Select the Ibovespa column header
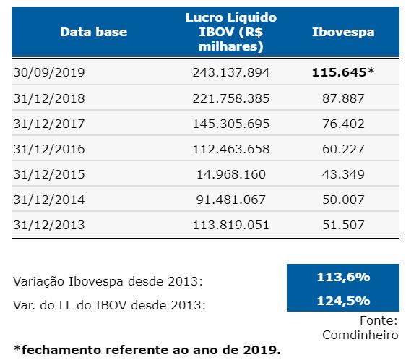point(343,32)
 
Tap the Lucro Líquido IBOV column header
point(231,32)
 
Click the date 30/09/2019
point(49,73)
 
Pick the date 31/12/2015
point(49,174)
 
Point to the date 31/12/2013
point(49,225)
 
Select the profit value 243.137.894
point(231,73)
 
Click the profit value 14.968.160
point(231,174)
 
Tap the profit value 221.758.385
point(231,98)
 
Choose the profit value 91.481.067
point(231,200)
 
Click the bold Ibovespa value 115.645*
point(343,73)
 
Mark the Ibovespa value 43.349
point(343,174)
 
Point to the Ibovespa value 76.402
point(343,124)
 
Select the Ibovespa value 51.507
point(343,225)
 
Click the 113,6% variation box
point(343,276)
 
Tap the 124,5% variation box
point(343,300)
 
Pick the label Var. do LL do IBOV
point(108,304)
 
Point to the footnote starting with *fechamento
point(147,350)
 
